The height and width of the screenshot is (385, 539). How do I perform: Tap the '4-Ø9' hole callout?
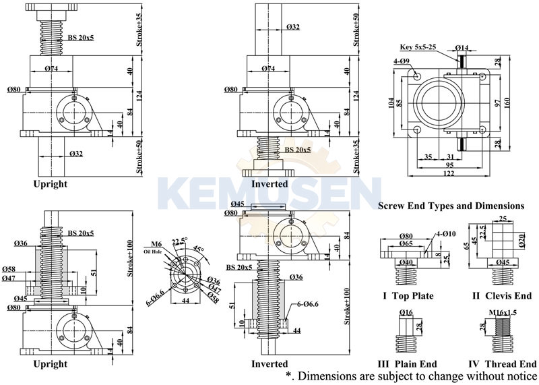(402, 61)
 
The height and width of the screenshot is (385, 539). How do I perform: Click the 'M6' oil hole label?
(156, 244)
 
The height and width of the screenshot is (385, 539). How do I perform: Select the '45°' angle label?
(199, 249)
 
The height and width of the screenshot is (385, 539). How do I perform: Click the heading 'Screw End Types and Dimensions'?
(451, 205)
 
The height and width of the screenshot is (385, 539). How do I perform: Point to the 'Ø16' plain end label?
(406, 313)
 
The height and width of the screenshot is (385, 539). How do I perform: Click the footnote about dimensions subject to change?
(411, 376)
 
